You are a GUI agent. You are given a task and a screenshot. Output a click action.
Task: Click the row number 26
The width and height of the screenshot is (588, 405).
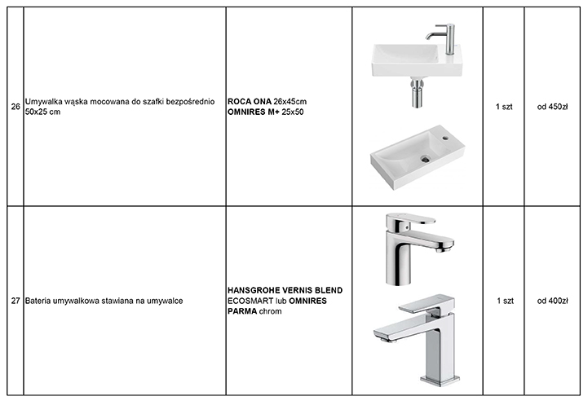coord(15,107)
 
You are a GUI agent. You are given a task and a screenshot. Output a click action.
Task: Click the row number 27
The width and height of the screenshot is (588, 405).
coord(15,301)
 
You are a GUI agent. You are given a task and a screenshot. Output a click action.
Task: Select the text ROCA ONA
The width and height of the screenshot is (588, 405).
coord(250,102)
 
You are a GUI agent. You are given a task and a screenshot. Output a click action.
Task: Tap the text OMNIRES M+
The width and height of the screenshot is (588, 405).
coord(254,112)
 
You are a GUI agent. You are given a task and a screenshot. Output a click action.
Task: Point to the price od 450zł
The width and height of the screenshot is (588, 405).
coord(552,107)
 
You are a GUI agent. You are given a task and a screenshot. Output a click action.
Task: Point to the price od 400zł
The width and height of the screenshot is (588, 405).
coord(552,301)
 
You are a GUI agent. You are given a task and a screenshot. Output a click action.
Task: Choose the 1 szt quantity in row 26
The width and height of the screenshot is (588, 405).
coord(504,107)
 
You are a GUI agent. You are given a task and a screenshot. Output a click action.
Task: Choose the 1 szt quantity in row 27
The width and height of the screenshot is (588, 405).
coord(505,301)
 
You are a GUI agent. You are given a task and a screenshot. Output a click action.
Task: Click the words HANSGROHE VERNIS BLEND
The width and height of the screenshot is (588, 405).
coord(285,290)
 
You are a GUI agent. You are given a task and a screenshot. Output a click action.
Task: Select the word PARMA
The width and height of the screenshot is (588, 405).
coord(242,311)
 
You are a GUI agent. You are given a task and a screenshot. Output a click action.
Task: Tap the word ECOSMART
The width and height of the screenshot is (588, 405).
coord(250,301)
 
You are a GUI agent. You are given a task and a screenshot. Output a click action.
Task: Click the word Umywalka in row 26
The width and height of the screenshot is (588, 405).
coord(40,102)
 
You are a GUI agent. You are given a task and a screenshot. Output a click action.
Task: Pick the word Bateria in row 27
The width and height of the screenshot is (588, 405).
coord(38,301)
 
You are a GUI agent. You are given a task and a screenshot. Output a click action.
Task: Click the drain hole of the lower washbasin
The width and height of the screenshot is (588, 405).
coord(425,159)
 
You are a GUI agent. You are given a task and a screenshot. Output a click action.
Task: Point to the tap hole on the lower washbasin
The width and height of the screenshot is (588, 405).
coord(445,139)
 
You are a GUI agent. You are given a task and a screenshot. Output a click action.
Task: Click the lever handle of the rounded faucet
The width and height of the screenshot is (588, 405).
coord(411,219)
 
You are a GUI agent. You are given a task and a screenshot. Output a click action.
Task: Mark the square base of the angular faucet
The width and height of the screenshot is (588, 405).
coord(440,380)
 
